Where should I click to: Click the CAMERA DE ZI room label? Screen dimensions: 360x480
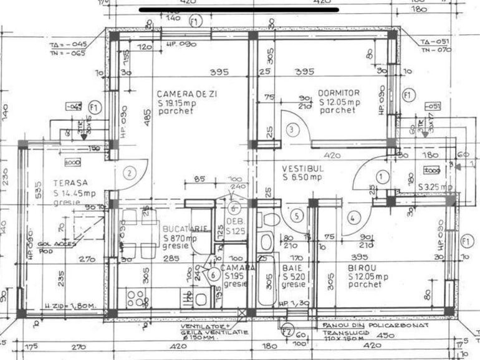coord(181,93)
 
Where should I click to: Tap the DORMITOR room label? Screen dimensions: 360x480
coord(339,92)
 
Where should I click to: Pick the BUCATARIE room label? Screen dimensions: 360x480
coord(186,229)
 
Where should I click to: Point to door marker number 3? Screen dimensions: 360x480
coord(294,130)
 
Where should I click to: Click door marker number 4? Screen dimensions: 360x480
coord(353,217)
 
